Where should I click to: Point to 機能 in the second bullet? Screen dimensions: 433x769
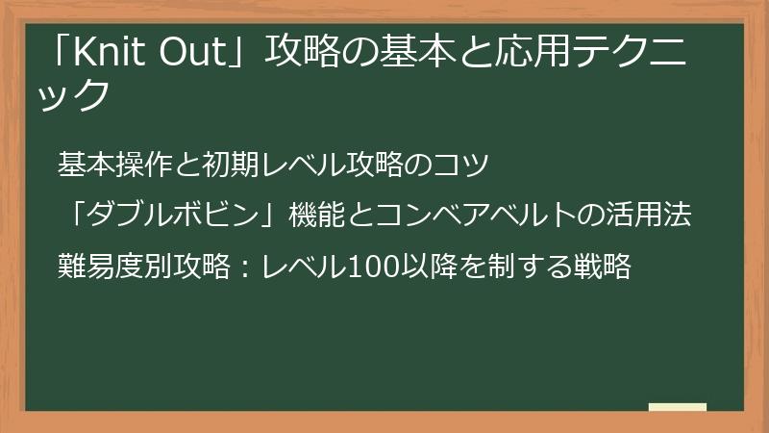tap(311, 216)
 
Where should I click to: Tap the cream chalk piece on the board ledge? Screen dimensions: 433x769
tap(678, 408)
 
